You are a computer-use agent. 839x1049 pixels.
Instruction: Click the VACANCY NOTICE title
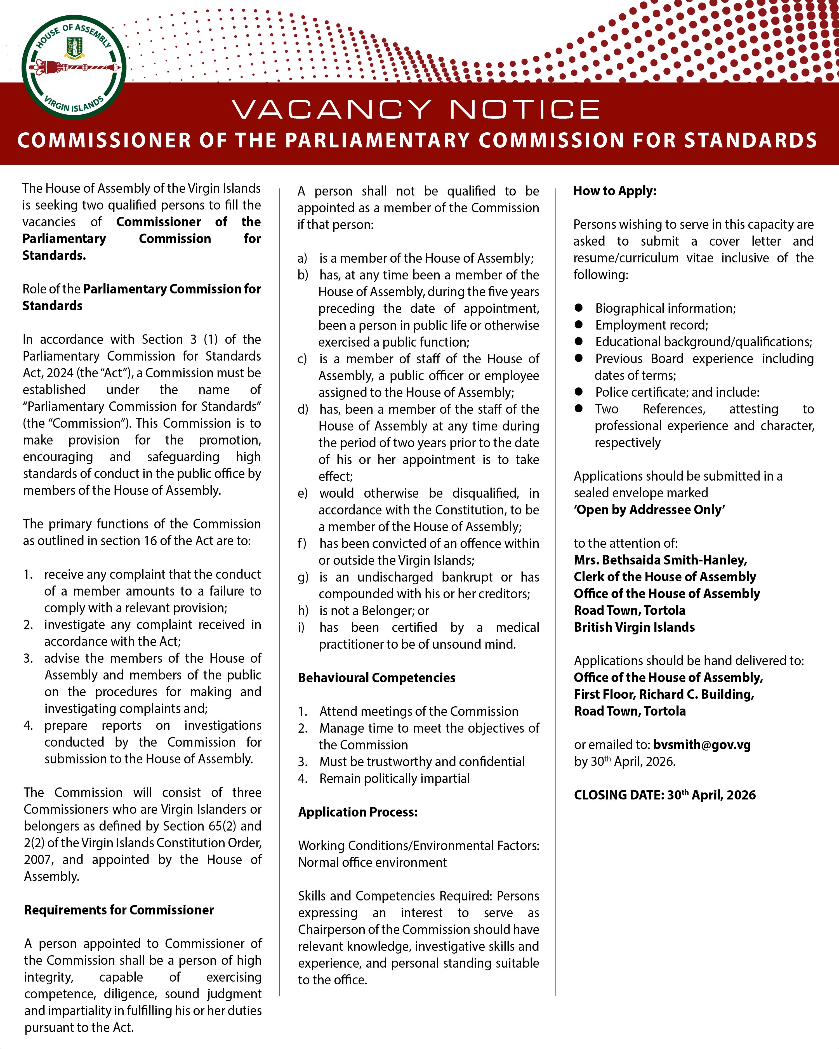click(416, 109)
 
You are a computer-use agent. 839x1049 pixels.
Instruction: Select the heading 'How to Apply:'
click(615, 191)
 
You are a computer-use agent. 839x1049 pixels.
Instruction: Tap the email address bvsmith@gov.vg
click(702, 744)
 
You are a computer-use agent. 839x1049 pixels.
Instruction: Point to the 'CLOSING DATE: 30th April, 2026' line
click(664, 795)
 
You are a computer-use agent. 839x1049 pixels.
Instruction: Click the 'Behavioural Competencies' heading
click(376, 678)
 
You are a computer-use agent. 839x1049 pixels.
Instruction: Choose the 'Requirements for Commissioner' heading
click(119, 910)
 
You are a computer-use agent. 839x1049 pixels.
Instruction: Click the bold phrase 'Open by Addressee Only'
click(649, 509)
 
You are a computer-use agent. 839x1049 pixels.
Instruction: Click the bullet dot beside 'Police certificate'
click(578, 392)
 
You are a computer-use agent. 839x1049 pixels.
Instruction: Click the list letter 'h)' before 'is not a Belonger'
click(303, 611)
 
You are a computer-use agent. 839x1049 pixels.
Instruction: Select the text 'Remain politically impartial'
click(394, 778)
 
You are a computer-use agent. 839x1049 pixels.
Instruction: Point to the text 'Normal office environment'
click(372, 862)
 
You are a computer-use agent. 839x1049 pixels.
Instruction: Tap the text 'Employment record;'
click(652, 325)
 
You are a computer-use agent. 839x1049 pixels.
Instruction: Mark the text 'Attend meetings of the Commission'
click(419, 711)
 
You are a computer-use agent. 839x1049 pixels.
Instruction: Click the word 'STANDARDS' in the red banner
click(750, 141)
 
